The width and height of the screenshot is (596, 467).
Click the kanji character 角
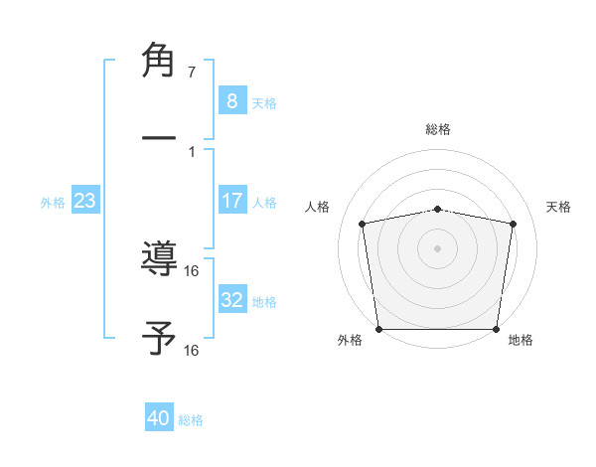click(160, 59)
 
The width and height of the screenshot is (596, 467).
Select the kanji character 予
click(160, 338)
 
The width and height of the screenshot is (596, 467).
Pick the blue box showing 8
click(231, 101)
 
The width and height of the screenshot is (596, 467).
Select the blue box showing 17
click(231, 201)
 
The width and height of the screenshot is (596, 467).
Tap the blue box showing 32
click(231, 301)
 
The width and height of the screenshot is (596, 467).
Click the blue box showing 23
click(85, 201)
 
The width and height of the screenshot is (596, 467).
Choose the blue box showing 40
click(159, 419)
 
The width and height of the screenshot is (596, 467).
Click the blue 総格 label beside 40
click(192, 420)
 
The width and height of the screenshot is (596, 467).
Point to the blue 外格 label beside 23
click(53, 202)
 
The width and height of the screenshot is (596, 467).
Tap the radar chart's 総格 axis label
click(438, 129)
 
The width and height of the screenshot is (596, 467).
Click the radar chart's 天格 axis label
click(559, 207)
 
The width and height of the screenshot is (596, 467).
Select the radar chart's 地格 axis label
click(521, 341)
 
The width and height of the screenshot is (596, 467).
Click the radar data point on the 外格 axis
click(378, 329)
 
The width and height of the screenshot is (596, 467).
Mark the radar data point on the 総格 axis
click(438, 209)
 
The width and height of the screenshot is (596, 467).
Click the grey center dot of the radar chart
click(438, 247)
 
